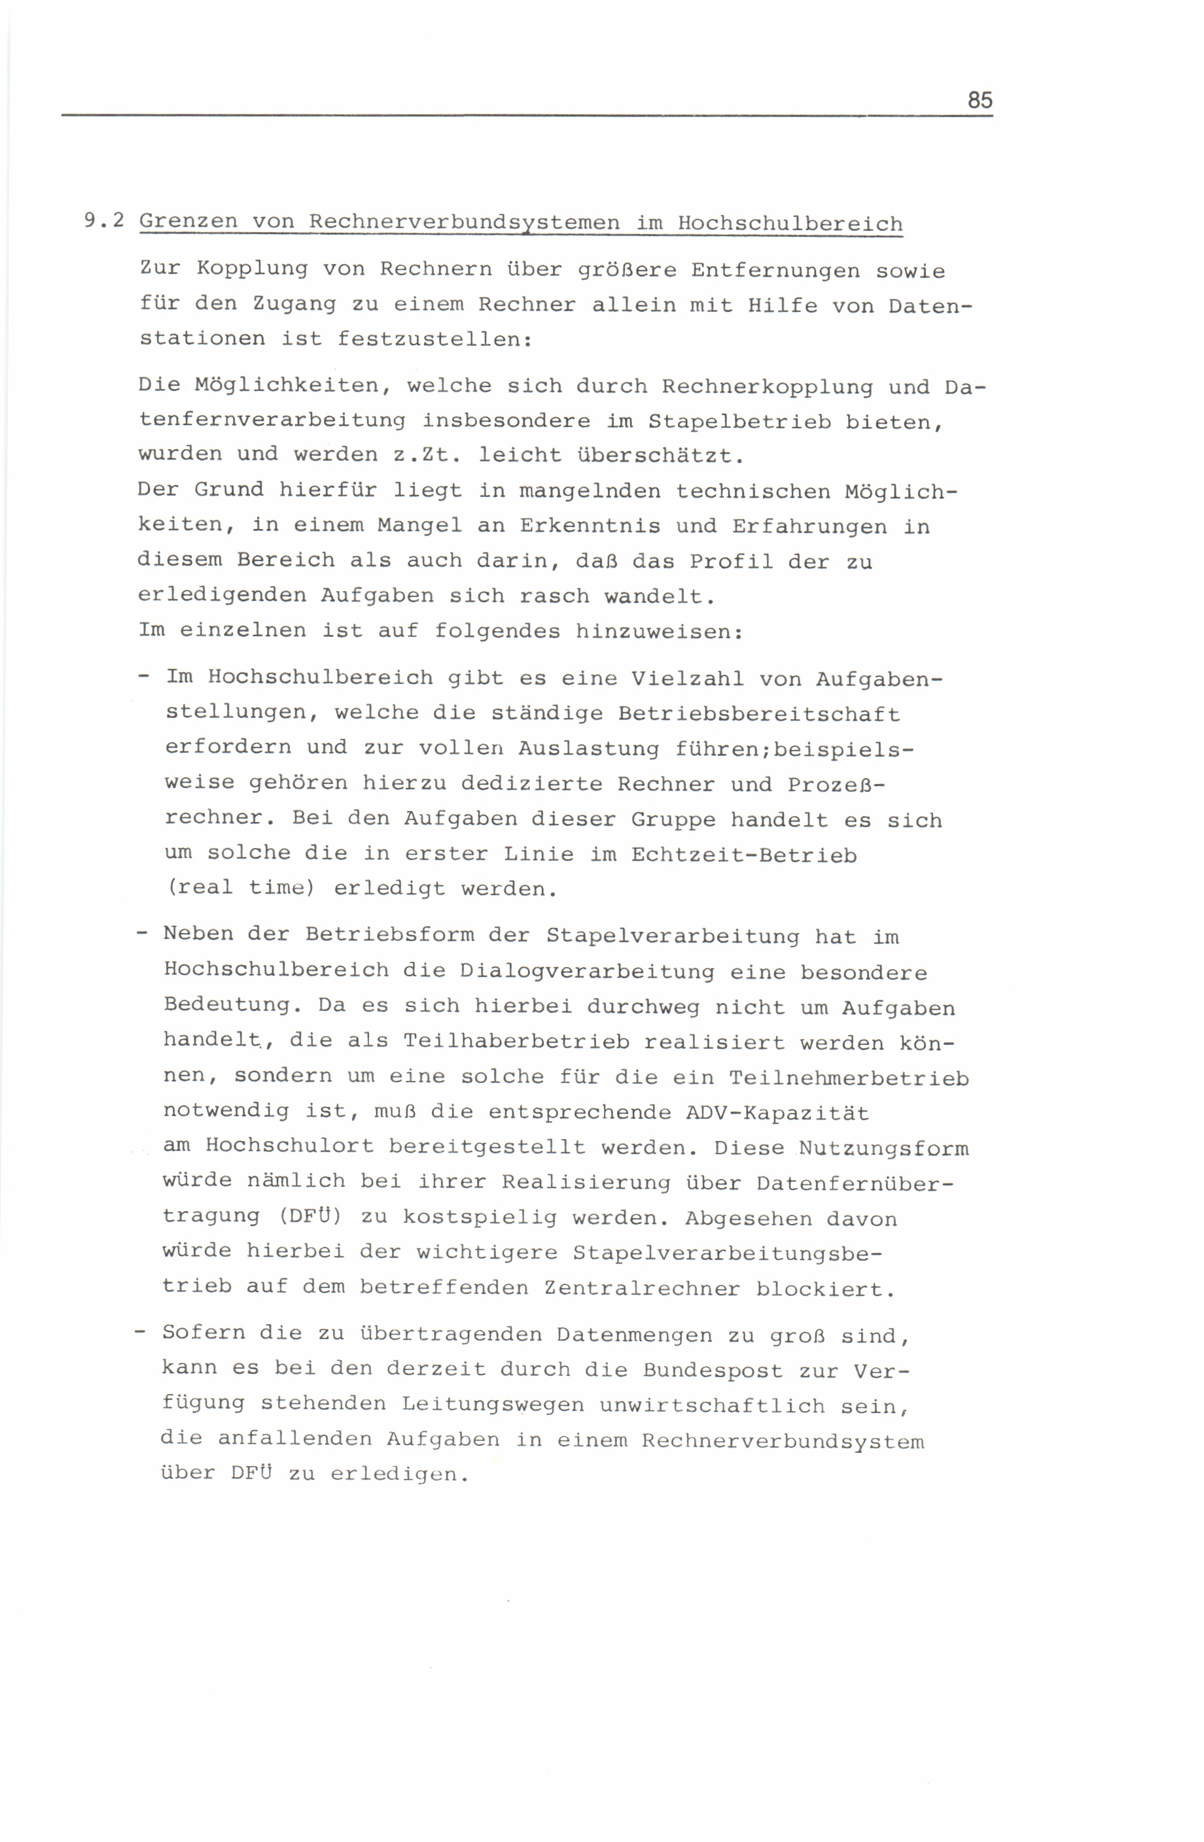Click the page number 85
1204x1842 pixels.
[979, 101]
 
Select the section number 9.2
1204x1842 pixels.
[104, 220]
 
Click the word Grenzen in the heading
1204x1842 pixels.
[188, 222]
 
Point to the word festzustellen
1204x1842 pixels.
[434, 339]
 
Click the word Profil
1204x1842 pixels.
[731, 561]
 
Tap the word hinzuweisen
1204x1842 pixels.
[659, 632]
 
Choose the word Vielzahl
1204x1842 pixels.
[687, 679]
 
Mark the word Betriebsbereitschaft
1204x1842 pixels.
[759, 713]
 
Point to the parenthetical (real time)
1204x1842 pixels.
[241, 888]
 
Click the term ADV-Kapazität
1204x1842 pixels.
[777, 1113]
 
